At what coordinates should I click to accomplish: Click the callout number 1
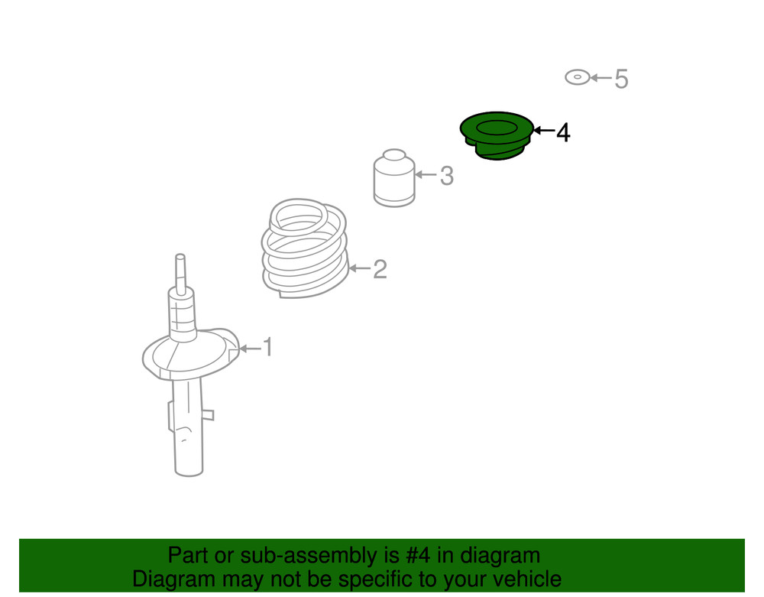(267, 347)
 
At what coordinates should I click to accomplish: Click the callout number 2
(380, 269)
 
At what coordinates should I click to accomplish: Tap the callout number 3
(447, 176)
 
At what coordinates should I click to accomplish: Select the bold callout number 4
(563, 132)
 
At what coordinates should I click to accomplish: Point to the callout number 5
(621, 79)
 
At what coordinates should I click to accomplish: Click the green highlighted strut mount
(497, 135)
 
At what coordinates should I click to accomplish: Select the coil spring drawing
(305, 248)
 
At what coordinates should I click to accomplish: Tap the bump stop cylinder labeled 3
(394, 178)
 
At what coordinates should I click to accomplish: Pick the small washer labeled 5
(578, 77)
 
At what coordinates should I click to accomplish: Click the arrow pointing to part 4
(544, 130)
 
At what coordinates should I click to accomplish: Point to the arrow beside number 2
(360, 268)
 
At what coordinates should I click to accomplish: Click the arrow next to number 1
(250, 348)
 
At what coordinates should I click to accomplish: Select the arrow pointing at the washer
(601, 77)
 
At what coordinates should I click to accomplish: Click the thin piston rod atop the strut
(180, 274)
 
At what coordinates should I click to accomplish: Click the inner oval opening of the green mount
(497, 128)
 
